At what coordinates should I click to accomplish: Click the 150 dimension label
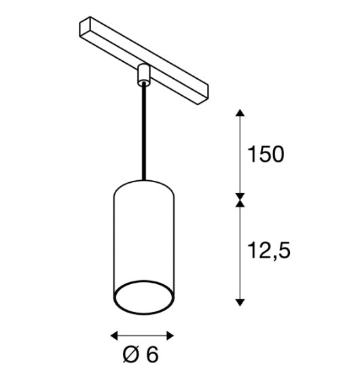(x=266, y=154)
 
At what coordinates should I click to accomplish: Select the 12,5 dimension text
(x=269, y=251)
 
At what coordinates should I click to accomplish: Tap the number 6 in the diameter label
(x=152, y=355)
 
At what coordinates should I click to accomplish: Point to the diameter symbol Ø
(x=132, y=355)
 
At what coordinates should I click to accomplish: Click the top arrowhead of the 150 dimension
(x=240, y=113)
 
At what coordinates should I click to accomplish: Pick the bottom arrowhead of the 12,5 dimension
(x=240, y=303)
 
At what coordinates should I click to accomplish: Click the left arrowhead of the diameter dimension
(x=114, y=336)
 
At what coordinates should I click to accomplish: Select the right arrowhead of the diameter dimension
(x=170, y=336)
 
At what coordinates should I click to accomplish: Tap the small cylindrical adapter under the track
(x=144, y=74)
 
